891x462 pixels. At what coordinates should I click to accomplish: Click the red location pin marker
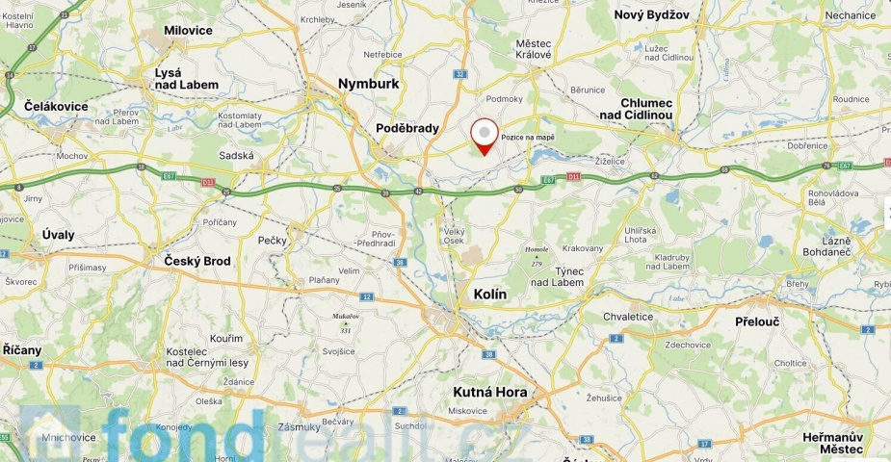point(484,135)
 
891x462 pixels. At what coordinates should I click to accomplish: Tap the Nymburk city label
point(368,84)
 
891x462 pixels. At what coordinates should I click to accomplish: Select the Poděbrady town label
point(407,128)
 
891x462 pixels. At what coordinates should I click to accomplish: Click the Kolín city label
point(490,294)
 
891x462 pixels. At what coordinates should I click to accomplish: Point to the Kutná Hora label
point(490,392)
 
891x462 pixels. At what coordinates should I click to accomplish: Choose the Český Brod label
point(197,261)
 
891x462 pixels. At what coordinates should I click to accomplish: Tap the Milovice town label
point(188,31)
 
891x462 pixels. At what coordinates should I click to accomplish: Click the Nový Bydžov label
point(652,14)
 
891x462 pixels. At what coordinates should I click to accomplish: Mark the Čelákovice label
point(57,107)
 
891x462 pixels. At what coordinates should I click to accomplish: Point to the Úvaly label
point(58,235)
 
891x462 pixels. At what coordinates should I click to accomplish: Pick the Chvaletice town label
point(628,317)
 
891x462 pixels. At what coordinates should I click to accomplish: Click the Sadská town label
point(236,155)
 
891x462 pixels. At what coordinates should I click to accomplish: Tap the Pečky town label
point(272,241)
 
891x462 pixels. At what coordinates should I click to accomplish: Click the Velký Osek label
point(454,237)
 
